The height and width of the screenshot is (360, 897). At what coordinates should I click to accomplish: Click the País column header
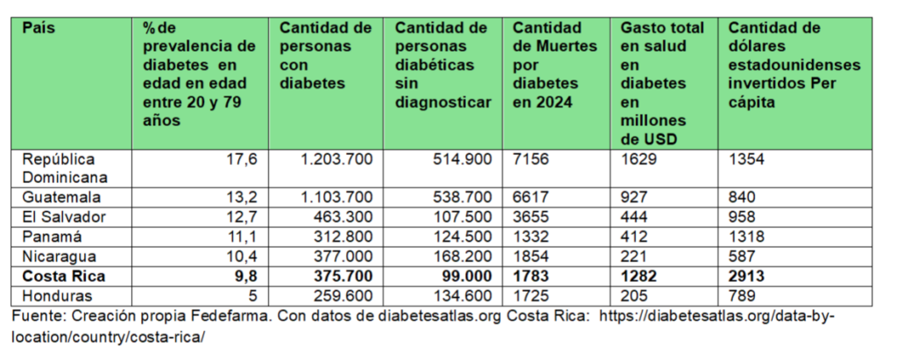39,29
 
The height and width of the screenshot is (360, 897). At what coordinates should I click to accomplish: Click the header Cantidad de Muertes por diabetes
554,67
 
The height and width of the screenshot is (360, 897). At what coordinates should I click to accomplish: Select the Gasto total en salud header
661,84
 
